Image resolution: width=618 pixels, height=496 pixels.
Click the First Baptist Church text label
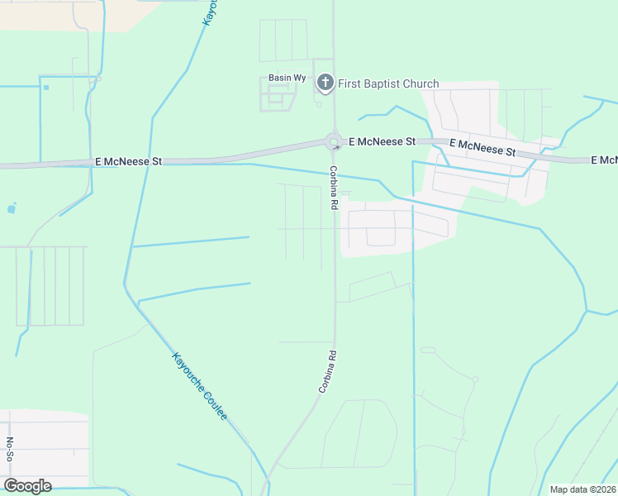pyautogui.click(x=388, y=83)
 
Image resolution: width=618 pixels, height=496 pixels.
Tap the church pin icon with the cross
pyautogui.click(x=326, y=83)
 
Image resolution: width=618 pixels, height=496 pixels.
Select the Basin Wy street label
pyautogui.click(x=288, y=78)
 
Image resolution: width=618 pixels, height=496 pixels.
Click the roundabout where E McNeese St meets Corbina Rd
pyautogui.click(x=334, y=142)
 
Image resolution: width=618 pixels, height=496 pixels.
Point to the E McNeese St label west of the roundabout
pyautogui.click(x=128, y=162)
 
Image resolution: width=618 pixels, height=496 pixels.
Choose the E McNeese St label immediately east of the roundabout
pyautogui.click(x=382, y=142)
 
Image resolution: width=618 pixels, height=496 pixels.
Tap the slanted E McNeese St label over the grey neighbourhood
pyautogui.click(x=483, y=148)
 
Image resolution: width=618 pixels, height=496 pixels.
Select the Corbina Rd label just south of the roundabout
pyautogui.click(x=334, y=187)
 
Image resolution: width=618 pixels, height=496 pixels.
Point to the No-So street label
pyautogui.click(x=10, y=451)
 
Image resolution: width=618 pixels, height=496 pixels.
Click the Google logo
pyautogui.click(x=27, y=486)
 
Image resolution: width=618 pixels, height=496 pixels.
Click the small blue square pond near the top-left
pyautogui.click(x=46, y=87)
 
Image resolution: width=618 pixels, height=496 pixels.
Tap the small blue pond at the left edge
pyautogui.click(x=11, y=209)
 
